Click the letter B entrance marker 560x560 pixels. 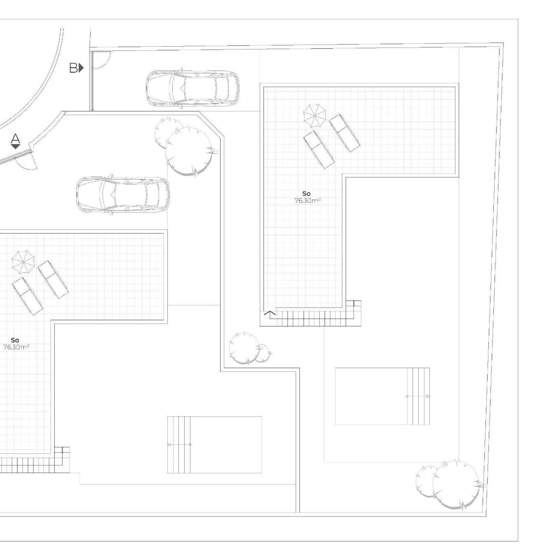[73, 68]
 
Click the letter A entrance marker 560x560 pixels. [15, 138]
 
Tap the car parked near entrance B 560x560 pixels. [192, 89]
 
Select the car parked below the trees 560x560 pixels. [122, 195]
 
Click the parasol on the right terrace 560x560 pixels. [314, 115]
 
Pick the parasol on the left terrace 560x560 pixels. [23, 262]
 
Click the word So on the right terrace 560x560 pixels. [306, 194]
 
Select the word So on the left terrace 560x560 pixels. [15, 340]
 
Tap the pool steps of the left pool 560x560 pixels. [178, 444]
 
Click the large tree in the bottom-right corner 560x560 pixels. [456, 485]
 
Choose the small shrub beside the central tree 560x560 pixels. [263, 353]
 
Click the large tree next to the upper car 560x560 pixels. [189, 151]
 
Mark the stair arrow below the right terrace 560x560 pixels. [270, 313]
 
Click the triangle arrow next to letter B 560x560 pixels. [81, 68]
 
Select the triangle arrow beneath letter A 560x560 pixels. [15, 147]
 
